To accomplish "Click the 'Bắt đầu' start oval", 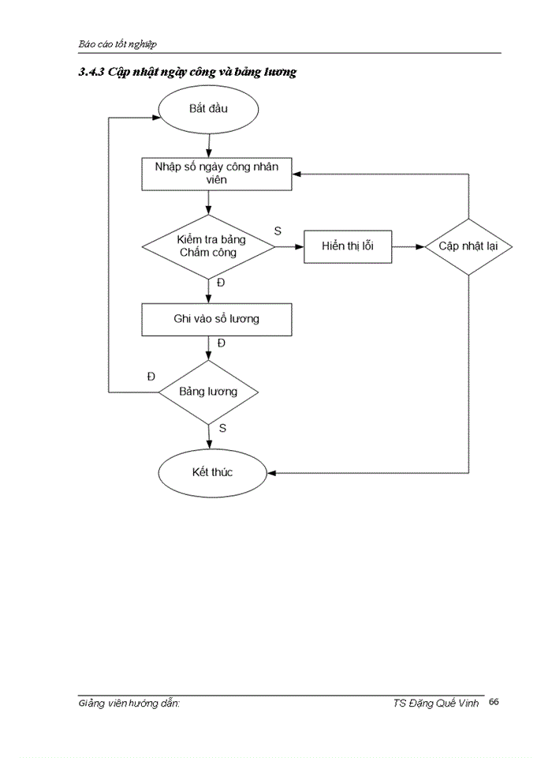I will click(208, 109).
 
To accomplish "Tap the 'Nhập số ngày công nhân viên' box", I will click(217, 174).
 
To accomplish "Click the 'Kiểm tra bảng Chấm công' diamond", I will click(208, 246).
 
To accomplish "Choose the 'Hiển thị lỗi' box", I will click(348, 246).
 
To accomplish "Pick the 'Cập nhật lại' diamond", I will click(468, 246).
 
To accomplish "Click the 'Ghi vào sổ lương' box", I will click(217, 320).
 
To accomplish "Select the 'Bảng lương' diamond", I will click(208, 392).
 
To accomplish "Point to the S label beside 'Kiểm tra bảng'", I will click(278, 231).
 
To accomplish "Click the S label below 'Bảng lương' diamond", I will click(222, 428).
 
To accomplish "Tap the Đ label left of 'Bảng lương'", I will click(151, 376).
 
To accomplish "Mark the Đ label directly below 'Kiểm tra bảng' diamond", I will click(221, 283).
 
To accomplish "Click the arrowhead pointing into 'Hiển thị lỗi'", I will click(300, 246).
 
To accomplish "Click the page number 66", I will click(494, 701).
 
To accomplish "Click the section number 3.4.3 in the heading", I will click(91, 73).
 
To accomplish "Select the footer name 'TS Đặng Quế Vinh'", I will click(435, 703).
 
